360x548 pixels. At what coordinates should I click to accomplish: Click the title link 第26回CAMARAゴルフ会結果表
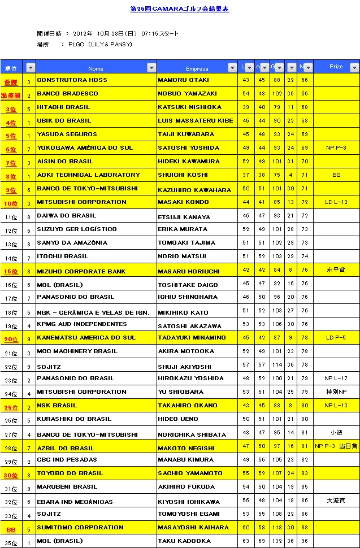[180, 9]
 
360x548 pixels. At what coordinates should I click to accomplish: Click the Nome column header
[96, 68]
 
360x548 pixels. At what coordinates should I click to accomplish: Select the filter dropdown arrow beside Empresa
[232, 68]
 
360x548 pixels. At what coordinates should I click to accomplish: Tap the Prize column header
[336, 67]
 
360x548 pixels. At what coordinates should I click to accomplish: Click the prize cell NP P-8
[336, 148]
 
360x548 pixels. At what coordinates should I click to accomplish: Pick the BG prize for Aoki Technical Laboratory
[336, 175]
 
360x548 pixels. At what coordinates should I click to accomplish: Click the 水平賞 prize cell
[336, 270]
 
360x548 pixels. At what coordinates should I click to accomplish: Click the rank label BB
[11, 529]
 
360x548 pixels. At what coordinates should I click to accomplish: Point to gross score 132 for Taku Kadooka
[277, 541]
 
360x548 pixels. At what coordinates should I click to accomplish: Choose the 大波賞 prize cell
[336, 501]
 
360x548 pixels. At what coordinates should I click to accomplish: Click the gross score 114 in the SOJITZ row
[277, 365]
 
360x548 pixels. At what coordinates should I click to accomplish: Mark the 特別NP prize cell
[336, 392]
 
